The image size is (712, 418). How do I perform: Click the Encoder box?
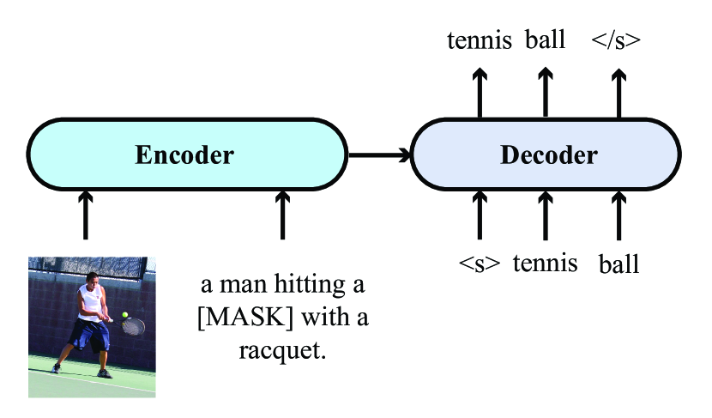coord(184,155)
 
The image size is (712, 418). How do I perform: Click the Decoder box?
coord(548,155)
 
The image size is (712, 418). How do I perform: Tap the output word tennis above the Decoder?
coord(480,40)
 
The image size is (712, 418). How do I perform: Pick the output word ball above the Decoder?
coord(545,40)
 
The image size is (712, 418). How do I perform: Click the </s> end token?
coord(616,40)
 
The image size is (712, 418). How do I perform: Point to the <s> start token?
coord(479,264)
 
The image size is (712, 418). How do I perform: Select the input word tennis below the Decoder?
coord(545,263)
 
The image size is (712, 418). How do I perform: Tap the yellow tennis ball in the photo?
coord(125,315)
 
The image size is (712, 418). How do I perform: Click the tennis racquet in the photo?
coord(134,325)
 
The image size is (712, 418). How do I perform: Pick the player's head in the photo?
coord(92,280)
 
